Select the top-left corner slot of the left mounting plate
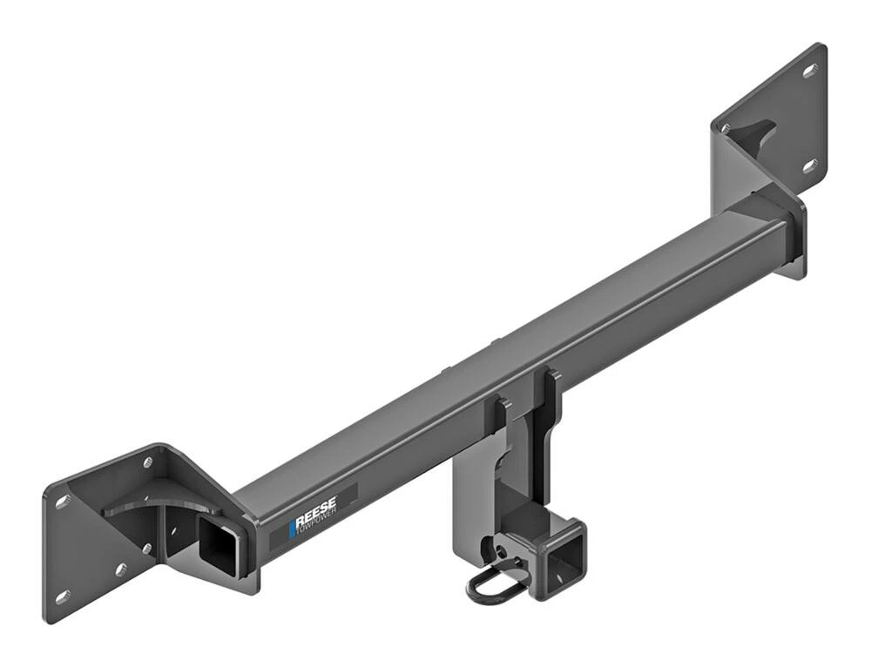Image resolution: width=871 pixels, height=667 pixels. coord(63,502)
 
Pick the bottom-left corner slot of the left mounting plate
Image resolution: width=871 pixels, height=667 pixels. coord(63,597)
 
